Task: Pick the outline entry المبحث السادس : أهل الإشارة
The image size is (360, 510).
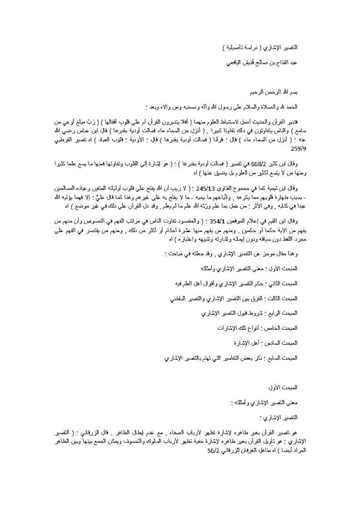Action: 271,344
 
